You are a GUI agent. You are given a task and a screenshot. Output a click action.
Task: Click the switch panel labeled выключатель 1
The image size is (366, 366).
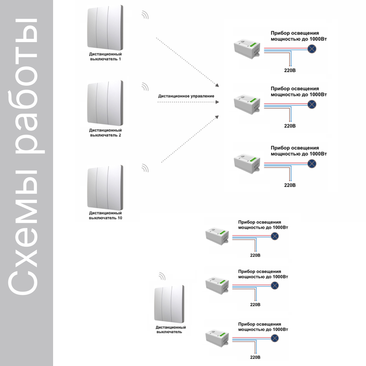[105, 27]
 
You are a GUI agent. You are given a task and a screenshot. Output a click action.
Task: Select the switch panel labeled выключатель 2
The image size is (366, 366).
[105, 103]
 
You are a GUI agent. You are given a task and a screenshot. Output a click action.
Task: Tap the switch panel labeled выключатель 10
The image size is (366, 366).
[105, 188]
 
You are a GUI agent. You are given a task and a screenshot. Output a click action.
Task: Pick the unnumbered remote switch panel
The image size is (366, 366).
[169, 304]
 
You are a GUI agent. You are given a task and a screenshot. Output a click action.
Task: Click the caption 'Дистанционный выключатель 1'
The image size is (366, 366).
[105, 56]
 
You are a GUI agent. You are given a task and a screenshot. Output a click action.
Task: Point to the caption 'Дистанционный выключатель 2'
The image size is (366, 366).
[105, 132]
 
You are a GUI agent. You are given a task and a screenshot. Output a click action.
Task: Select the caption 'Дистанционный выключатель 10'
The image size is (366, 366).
[105, 216]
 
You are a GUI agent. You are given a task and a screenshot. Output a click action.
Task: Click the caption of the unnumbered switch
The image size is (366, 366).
[171, 329]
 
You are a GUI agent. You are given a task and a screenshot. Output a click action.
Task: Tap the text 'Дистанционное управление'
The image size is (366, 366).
[186, 96]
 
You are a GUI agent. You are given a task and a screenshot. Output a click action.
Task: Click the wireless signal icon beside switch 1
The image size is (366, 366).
[146, 15]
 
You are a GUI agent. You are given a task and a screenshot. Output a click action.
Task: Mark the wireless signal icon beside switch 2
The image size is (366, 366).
[146, 87]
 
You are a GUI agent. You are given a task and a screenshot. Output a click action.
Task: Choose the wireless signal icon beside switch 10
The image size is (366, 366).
[146, 168]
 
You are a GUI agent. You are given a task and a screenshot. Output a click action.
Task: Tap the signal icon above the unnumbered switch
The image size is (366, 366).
[163, 276]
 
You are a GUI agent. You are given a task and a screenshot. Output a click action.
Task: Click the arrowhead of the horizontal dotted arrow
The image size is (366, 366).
[217, 102]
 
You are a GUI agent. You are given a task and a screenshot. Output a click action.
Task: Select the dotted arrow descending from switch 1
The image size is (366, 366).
[188, 62]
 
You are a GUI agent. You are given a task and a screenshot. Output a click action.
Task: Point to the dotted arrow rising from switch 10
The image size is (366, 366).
[190, 139]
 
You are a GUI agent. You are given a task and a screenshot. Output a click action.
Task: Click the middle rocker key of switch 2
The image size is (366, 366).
[102, 103]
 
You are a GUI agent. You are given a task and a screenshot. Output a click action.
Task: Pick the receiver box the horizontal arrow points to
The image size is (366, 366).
[247, 104]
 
